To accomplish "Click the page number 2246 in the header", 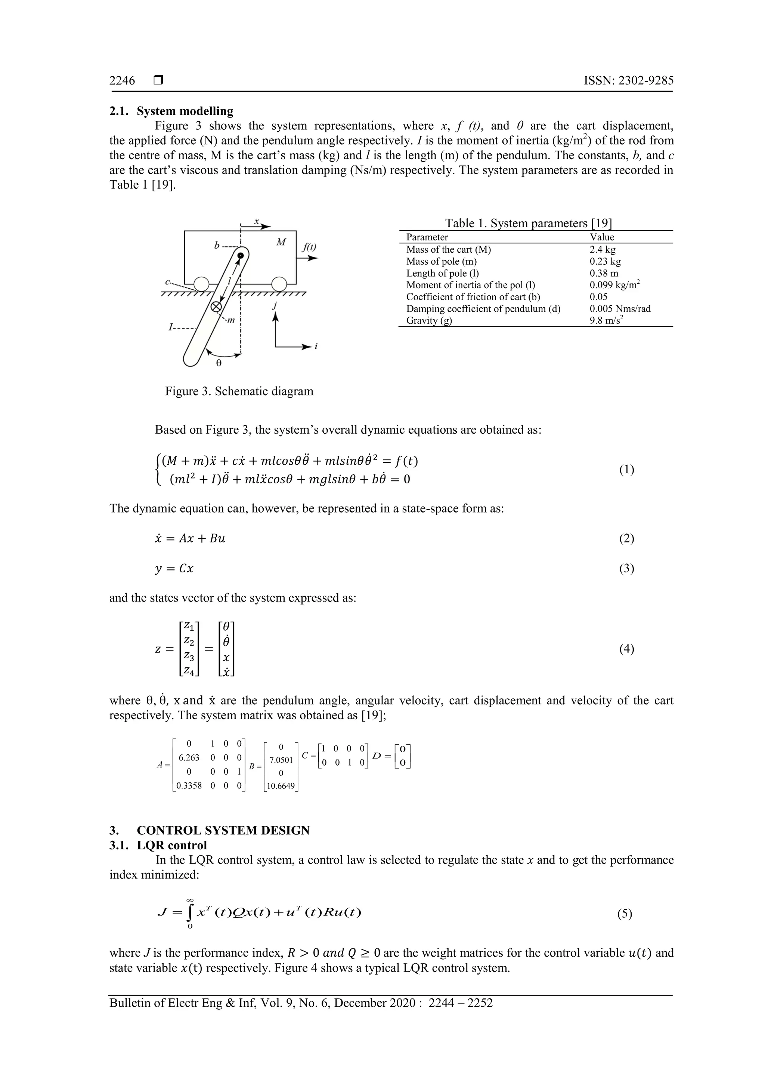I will coord(122,81).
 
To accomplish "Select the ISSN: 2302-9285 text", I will coord(628,81).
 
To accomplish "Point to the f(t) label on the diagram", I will coord(309,247).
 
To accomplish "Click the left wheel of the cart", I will coord(201,284).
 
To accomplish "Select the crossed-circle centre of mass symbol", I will coord(216,307).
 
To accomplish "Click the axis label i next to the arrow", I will coord(316,347).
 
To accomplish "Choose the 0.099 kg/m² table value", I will coord(614,285).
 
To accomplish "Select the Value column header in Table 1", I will coord(601,237).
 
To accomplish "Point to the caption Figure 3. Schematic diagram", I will coord(239,391).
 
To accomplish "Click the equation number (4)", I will coord(626,649).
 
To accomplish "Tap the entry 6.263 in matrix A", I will coord(189,757).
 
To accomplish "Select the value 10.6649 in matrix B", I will coord(281,786).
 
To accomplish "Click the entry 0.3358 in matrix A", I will coord(189,786).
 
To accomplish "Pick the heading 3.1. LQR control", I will coord(158,845).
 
